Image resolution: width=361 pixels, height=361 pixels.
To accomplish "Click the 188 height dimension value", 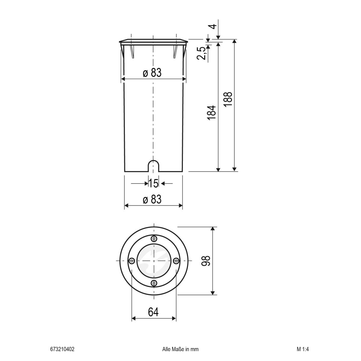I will click(x=228, y=99).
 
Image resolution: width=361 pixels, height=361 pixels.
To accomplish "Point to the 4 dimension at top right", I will click(x=213, y=26).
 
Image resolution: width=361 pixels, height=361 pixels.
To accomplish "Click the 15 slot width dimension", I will click(x=153, y=183).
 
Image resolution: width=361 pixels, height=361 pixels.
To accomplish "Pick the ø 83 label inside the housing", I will click(x=152, y=73).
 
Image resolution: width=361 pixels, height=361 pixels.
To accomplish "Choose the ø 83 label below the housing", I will click(x=152, y=199).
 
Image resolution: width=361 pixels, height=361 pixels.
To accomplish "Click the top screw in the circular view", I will click(x=154, y=239).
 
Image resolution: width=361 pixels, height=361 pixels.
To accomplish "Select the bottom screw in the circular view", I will click(x=154, y=282).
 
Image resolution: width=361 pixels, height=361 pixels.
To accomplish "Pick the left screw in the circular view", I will click(x=132, y=261).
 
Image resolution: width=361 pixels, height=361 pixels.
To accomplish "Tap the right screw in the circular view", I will click(x=176, y=261).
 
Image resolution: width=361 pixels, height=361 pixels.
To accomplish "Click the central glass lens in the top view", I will click(x=154, y=261).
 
